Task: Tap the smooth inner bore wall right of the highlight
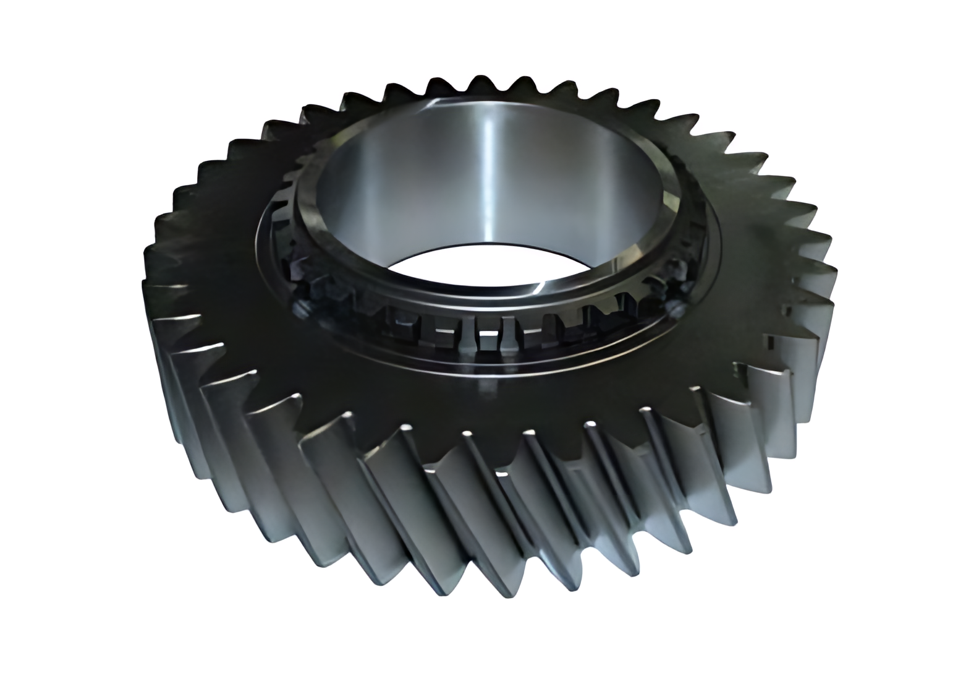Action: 556,186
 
